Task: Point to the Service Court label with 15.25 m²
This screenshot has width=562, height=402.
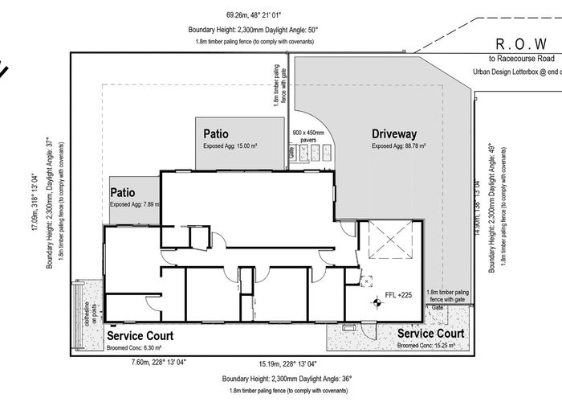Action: [x=430, y=333]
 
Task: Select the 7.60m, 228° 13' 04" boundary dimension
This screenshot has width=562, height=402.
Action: [x=158, y=363]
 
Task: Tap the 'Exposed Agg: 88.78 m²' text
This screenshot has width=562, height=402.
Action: [x=399, y=146]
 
